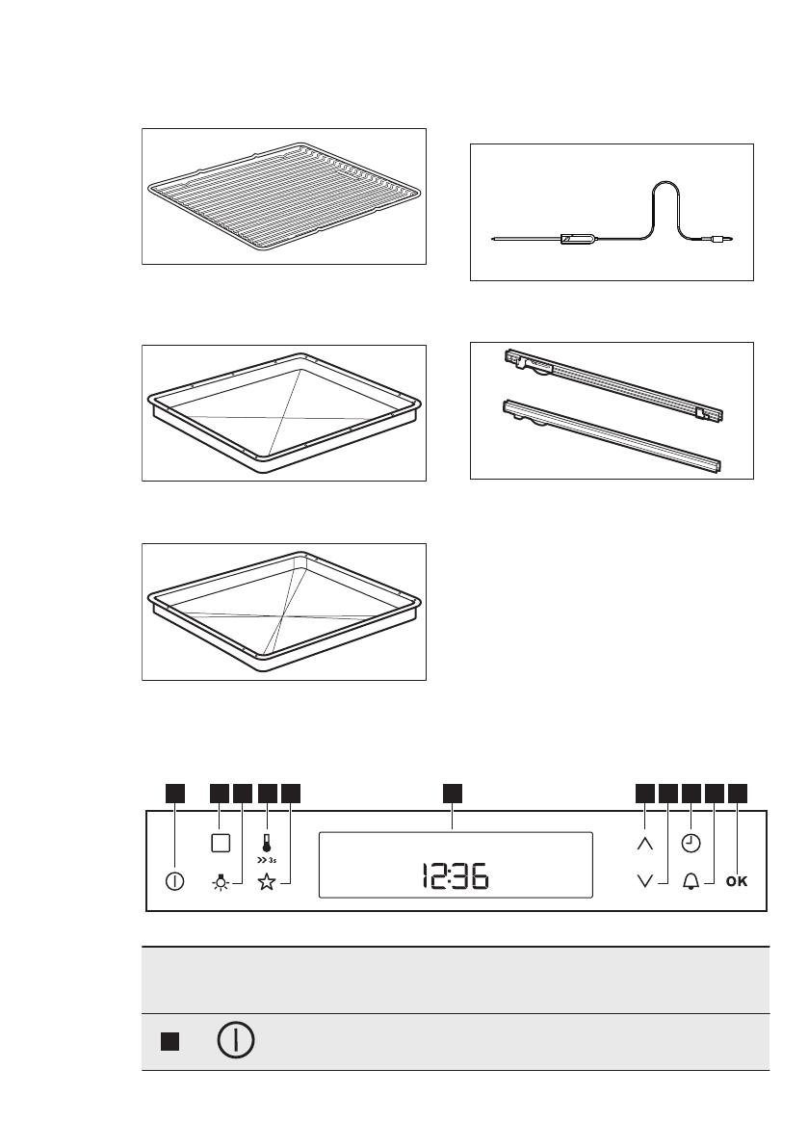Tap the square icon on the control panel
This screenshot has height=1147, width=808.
coord(220,842)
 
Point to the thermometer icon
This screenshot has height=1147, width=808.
coord(266,839)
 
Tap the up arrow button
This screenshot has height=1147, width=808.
coord(645,842)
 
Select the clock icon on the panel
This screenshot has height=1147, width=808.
coord(691,842)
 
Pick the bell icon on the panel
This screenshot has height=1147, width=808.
coord(691,881)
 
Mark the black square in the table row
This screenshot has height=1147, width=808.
coord(169,1042)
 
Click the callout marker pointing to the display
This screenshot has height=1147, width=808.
coord(453,793)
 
